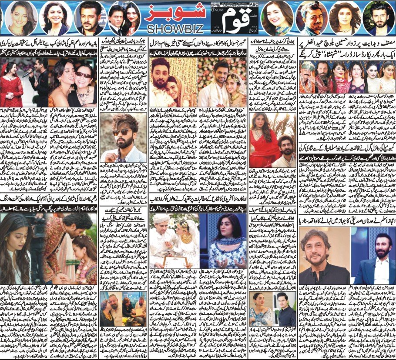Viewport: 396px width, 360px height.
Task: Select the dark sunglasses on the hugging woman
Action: [x=83, y=75]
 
